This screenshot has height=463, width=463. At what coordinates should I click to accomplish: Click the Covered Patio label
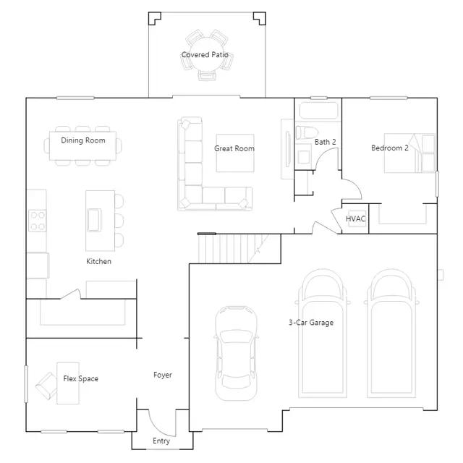(x=205, y=55)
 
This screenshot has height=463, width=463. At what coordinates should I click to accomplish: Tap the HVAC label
(x=355, y=218)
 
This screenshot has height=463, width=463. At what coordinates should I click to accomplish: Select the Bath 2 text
(x=325, y=142)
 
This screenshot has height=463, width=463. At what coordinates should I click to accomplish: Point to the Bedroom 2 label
(x=390, y=148)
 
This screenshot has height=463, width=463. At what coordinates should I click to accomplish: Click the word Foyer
(x=162, y=375)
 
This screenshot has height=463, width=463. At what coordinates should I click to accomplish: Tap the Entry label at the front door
(x=161, y=441)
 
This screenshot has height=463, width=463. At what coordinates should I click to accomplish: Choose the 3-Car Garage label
(x=311, y=323)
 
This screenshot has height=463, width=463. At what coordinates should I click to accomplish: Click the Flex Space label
(x=80, y=378)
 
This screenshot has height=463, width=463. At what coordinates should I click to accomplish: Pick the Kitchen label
(x=98, y=261)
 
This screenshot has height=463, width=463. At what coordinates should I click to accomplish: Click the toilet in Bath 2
(x=307, y=132)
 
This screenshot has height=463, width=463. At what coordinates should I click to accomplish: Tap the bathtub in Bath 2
(x=318, y=111)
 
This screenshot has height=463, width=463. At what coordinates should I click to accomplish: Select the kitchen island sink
(x=94, y=220)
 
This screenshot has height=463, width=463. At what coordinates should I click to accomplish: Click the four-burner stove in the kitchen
(x=37, y=220)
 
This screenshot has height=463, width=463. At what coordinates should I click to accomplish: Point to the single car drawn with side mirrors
(x=236, y=353)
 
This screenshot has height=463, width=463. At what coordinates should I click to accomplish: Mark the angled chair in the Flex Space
(x=46, y=386)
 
